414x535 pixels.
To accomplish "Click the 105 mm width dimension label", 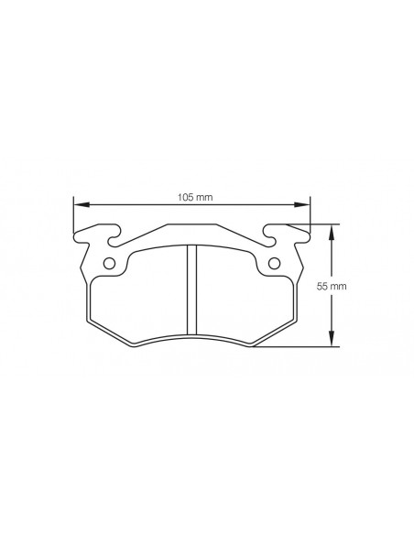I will (x=191, y=195).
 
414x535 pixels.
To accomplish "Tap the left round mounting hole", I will (x=109, y=264).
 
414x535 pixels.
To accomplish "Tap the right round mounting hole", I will (x=274, y=264).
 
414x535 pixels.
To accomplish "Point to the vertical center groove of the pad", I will (x=191, y=291).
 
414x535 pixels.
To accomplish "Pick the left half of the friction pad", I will (x=142, y=293).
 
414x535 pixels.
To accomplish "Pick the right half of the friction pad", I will (x=243, y=293).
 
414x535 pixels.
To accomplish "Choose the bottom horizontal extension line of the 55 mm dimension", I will (x=302, y=348).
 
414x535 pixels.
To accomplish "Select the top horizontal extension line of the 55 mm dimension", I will (x=316, y=224).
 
